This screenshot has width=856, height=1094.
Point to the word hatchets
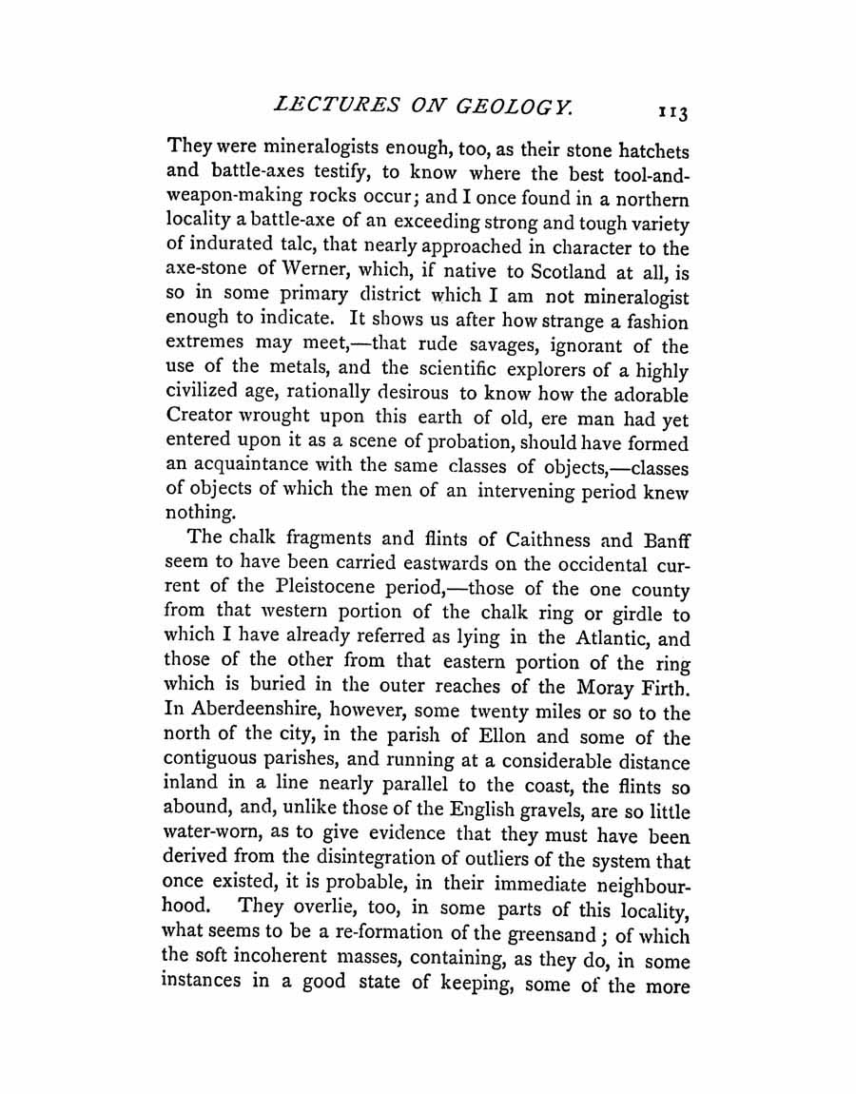coord(642,150)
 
